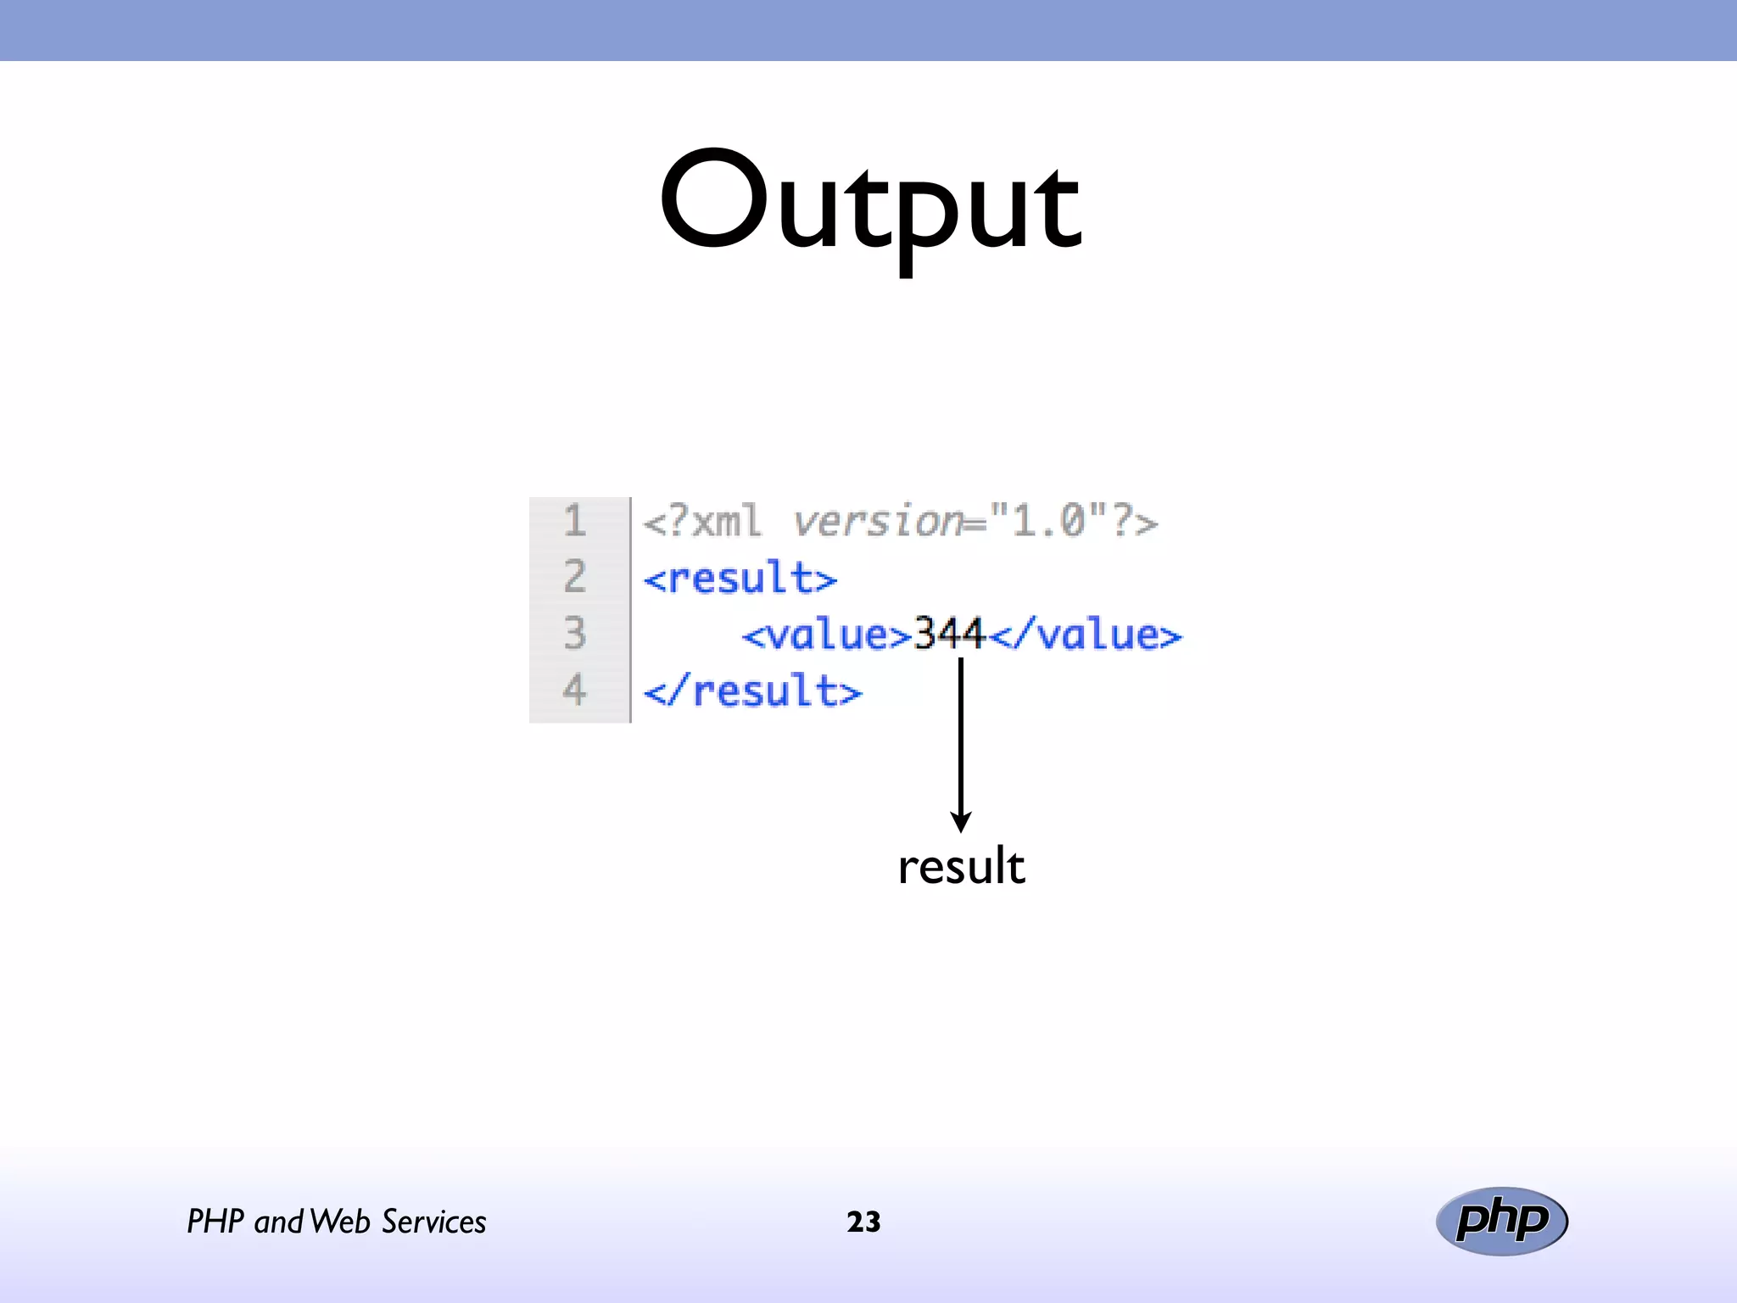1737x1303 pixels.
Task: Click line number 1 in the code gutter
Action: (575, 520)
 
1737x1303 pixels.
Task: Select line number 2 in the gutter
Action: (575, 577)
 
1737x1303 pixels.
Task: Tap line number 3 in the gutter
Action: (575, 633)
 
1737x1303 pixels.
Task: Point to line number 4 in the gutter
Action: (575, 689)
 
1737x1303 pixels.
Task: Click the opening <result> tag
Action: (740, 579)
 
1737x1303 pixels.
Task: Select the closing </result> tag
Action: (752, 691)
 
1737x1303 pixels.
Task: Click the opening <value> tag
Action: (826, 635)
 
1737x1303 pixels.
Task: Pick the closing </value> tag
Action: (1086, 635)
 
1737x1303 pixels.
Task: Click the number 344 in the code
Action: (949, 634)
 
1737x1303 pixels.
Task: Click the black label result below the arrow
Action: (961, 867)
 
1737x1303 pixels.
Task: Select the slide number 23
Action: (863, 1222)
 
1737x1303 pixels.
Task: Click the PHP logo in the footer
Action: (1501, 1221)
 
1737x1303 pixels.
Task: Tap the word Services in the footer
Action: (433, 1222)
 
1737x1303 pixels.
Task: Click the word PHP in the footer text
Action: (215, 1222)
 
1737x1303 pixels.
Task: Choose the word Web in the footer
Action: (340, 1222)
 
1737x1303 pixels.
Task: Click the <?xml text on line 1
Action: (702, 521)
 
